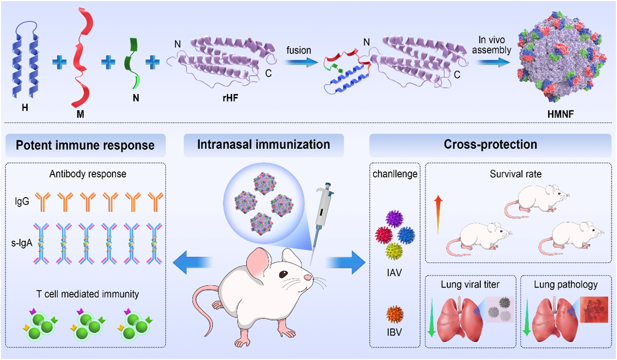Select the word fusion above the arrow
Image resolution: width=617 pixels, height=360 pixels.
(x=299, y=50)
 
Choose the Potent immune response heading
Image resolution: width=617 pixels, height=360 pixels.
(x=86, y=144)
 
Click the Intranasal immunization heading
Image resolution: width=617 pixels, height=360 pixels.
(x=263, y=144)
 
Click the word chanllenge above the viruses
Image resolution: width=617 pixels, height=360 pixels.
(x=395, y=174)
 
